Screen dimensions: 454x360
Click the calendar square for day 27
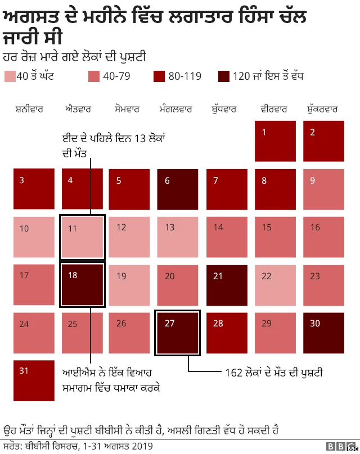(x=178, y=334)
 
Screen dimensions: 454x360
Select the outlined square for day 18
(x=82, y=285)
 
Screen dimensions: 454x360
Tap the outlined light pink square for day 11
(x=82, y=237)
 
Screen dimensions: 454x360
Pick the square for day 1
(x=274, y=141)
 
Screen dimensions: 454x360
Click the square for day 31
(x=34, y=381)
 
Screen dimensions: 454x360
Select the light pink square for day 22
(x=274, y=285)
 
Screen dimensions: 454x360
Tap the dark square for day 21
(x=227, y=285)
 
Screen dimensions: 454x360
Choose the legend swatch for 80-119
(x=159, y=76)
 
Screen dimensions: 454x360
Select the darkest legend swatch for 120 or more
(x=224, y=76)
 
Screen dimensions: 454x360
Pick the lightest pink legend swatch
(x=10, y=76)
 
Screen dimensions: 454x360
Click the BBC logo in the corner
(x=341, y=447)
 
